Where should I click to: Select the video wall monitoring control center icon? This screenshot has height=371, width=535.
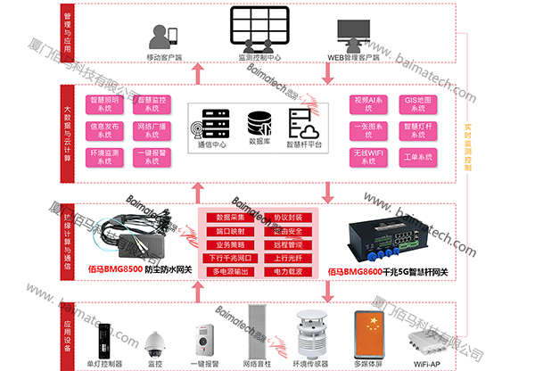[259, 29]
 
